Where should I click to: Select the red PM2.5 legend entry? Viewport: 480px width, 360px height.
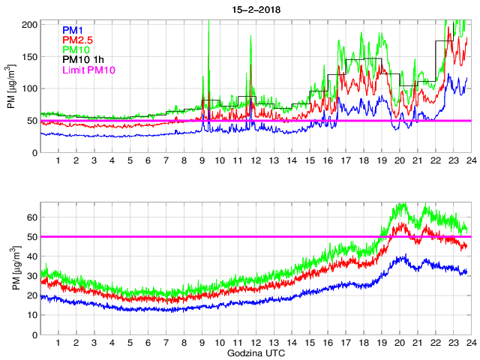(x=78, y=40)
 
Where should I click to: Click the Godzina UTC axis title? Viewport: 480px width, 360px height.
(x=255, y=352)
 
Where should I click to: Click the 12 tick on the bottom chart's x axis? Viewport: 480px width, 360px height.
(x=256, y=342)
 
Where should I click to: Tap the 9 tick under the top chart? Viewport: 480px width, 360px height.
(x=202, y=160)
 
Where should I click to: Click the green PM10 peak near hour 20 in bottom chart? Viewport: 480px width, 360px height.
(x=401, y=203)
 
